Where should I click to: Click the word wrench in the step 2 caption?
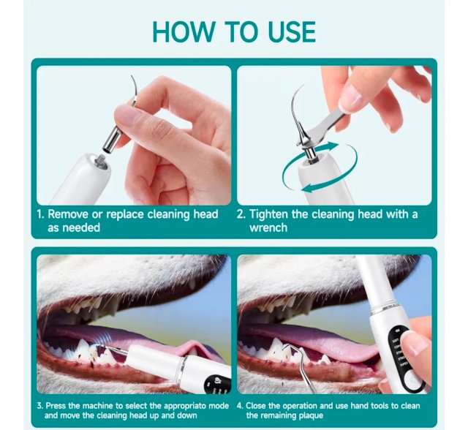pyautogui.click(x=268, y=227)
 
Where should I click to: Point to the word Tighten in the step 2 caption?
pyautogui.click(x=268, y=214)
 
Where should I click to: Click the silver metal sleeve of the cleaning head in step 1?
pyautogui.click(x=110, y=138)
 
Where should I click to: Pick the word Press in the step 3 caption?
pyautogui.click(x=56, y=406)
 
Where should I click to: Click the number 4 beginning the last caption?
pyautogui.click(x=240, y=406)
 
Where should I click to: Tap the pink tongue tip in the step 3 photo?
pyautogui.click(x=191, y=346)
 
